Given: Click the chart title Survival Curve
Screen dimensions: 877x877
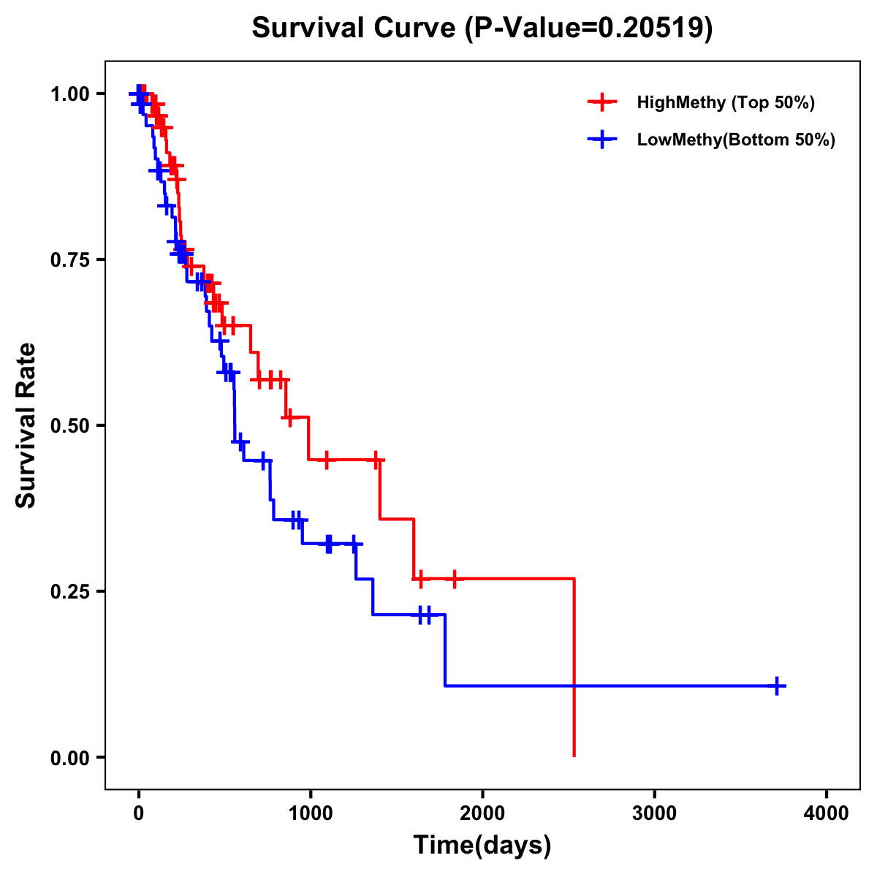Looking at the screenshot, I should coord(355,29).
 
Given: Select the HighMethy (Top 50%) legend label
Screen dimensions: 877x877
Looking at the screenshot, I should coord(725,102).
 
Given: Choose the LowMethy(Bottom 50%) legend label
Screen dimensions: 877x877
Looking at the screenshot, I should coord(736,140).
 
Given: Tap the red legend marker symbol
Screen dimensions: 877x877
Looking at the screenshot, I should coord(602,102).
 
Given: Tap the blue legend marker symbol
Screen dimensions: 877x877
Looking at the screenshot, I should coord(602,140).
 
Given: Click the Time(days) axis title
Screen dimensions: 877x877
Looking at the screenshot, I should coord(482,846).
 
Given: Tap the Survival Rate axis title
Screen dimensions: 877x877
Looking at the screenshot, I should coord(26,425).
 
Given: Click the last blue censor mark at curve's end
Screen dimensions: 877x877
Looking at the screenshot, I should coord(778,686).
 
